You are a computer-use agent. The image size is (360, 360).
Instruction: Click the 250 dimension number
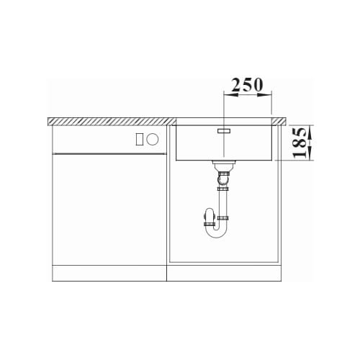coord(247,84)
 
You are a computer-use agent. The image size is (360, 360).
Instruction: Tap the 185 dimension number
coord(300,143)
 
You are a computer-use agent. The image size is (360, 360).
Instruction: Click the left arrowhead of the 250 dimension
coord(231,95)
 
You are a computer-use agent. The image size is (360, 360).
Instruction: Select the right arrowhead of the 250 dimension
coord(264,95)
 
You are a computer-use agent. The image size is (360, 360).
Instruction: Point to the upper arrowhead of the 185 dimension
coord(310,132)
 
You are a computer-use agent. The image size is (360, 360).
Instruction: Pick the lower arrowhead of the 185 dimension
coord(310,153)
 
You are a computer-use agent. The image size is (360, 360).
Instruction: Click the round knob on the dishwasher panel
coord(153,139)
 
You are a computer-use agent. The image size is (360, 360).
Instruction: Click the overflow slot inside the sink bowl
coord(224,131)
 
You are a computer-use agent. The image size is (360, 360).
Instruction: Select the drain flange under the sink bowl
coord(224,163)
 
